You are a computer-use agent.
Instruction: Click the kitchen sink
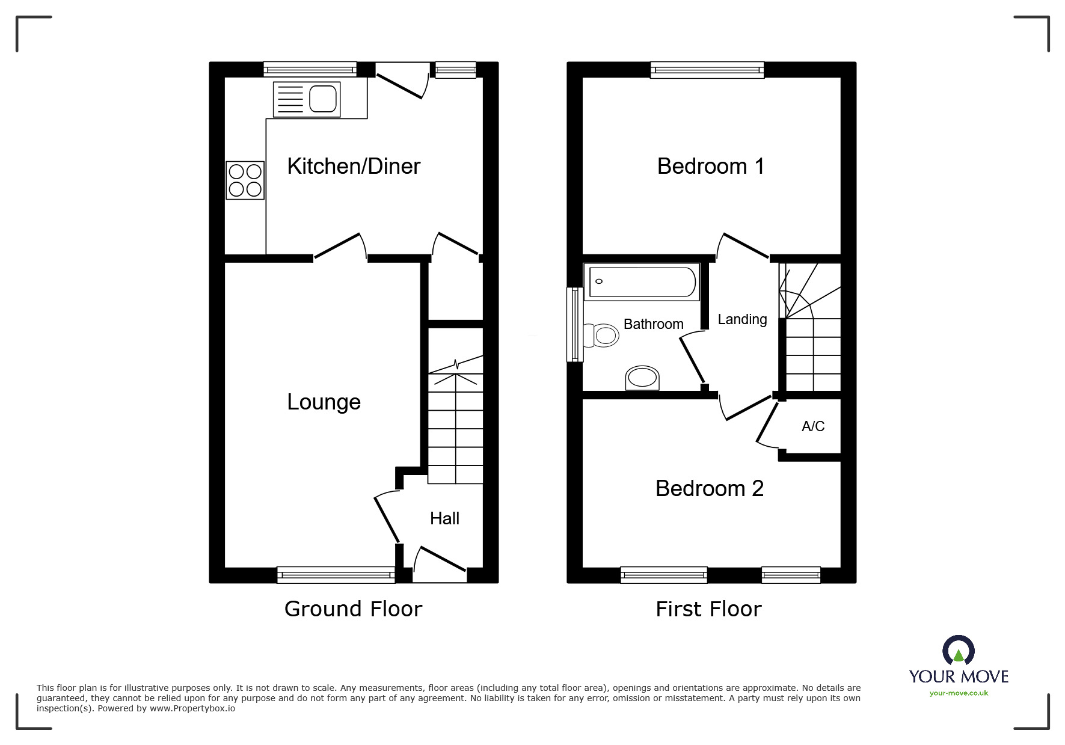[307, 99]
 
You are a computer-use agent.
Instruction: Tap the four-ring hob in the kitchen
[245, 180]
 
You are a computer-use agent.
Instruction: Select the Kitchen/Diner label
[354, 167]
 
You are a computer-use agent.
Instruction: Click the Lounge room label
[324, 402]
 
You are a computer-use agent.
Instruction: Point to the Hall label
[444, 518]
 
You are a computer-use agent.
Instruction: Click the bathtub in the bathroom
[642, 281]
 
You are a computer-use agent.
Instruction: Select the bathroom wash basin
[642, 378]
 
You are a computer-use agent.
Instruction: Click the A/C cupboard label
[812, 426]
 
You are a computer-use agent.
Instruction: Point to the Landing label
[742, 319]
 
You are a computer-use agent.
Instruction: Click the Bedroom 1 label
[710, 167]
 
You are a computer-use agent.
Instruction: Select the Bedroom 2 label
[709, 488]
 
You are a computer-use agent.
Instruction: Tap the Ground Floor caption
[353, 609]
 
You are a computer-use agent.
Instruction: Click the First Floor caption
[708, 609]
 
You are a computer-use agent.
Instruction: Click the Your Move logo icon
[958, 651]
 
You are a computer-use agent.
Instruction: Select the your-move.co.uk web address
[959, 693]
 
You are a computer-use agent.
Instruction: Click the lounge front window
[336, 575]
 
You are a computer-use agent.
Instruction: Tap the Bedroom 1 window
[707, 70]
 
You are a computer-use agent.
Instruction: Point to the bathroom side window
[575, 325]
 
